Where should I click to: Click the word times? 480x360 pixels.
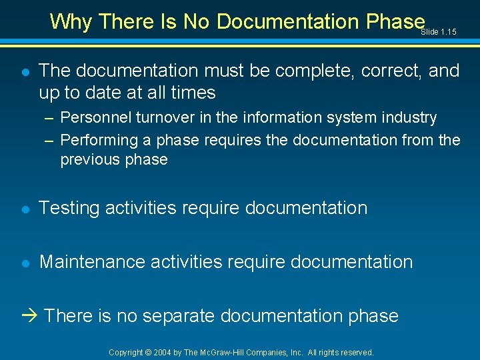click(x=189, y=92)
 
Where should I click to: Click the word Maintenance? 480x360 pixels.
click(x=92, y=261)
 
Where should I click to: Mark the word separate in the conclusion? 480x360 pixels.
click(x=176, y=315)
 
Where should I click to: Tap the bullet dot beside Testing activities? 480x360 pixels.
click(x=25, y=209)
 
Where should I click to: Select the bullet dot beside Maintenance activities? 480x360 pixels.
click(x=25, y=262)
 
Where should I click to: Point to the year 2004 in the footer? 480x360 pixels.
click(x=163, y=352)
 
